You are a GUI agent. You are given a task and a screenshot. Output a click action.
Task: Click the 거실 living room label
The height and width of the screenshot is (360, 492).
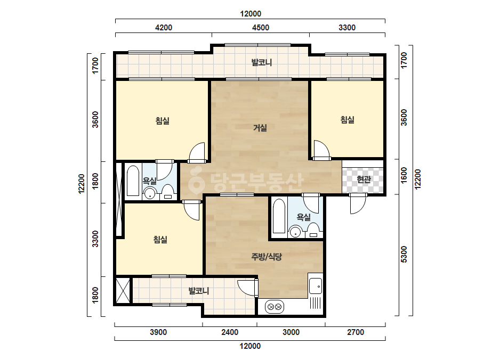coord(260,128)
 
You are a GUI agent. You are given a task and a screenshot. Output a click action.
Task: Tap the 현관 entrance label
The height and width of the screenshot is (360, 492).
coord(364,179)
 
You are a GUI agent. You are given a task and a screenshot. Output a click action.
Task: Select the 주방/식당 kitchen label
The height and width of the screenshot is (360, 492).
coord(267,257)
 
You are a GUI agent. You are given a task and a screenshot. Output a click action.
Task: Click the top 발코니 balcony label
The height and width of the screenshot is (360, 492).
coord(261,62)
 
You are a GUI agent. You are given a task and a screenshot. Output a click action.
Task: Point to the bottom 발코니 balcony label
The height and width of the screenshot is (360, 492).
coord(199,291)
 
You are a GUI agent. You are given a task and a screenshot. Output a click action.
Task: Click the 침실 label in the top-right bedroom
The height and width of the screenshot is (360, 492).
coord(348,120)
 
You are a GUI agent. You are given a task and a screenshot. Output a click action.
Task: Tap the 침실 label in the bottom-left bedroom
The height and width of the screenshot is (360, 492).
coord(160,240)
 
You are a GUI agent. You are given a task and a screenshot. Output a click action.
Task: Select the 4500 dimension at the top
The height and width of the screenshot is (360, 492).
coord(261,28)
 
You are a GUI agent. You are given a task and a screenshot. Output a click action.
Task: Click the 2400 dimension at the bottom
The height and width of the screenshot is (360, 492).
coord(230,332)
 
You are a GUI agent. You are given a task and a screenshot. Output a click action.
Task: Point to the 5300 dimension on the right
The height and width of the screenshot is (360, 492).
coord(404,255)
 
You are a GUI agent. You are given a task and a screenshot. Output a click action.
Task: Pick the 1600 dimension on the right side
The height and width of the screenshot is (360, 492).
coord(404,176)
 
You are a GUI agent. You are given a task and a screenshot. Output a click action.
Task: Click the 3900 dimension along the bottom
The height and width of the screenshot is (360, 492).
coord(158,332)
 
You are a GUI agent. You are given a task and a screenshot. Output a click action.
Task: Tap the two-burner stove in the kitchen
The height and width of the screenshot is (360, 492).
coord(275,307)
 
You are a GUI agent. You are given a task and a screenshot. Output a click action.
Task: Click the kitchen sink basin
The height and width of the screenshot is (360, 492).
coord(316,286)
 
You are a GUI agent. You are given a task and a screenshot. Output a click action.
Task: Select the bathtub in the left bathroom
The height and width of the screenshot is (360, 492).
coord(133,181)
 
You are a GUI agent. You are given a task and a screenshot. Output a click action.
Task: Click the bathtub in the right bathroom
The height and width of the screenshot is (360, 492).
coord(279,216)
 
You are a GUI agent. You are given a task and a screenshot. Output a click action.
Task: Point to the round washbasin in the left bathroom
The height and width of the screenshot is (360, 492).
coord(150,193)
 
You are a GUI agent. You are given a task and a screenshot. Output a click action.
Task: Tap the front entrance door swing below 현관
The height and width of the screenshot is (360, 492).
coord(358,204)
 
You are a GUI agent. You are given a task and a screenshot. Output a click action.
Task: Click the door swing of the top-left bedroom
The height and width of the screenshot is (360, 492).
coord(198,153)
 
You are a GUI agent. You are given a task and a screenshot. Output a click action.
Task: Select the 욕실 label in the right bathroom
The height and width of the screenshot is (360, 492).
coord(303,217)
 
